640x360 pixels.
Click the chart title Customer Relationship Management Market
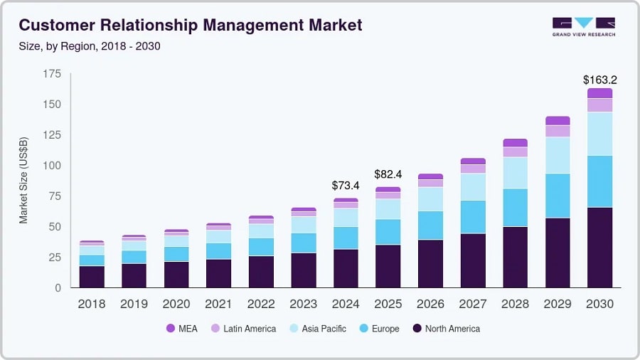point(191,26)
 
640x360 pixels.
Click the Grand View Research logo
point(584,26)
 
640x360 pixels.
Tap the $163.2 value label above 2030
point(599,80)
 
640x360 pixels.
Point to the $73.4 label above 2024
point(346,186)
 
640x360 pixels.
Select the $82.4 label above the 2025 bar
point(388,174)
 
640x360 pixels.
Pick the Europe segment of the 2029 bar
point(558,196)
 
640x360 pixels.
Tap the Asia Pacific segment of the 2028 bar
point(515,173)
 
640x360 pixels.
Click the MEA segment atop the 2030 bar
point(599,93)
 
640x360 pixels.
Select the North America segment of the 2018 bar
point(92,276)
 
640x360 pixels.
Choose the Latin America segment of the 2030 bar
point(599,105)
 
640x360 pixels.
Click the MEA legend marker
point(171,329)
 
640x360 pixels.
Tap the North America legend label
point(452,329)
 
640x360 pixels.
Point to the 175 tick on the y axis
point(51,74)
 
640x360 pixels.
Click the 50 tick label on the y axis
point(54,227)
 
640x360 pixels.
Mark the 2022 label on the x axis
point(261,304)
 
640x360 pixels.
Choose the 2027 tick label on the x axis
point(472,304)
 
